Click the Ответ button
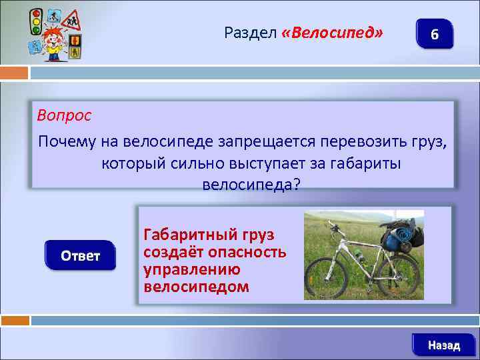click(80, 256)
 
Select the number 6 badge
click(434, 34)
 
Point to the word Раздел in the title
click(251, 33)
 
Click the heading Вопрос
click(64, 115)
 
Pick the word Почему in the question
click(66, 142)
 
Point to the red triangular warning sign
click(69, 21)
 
